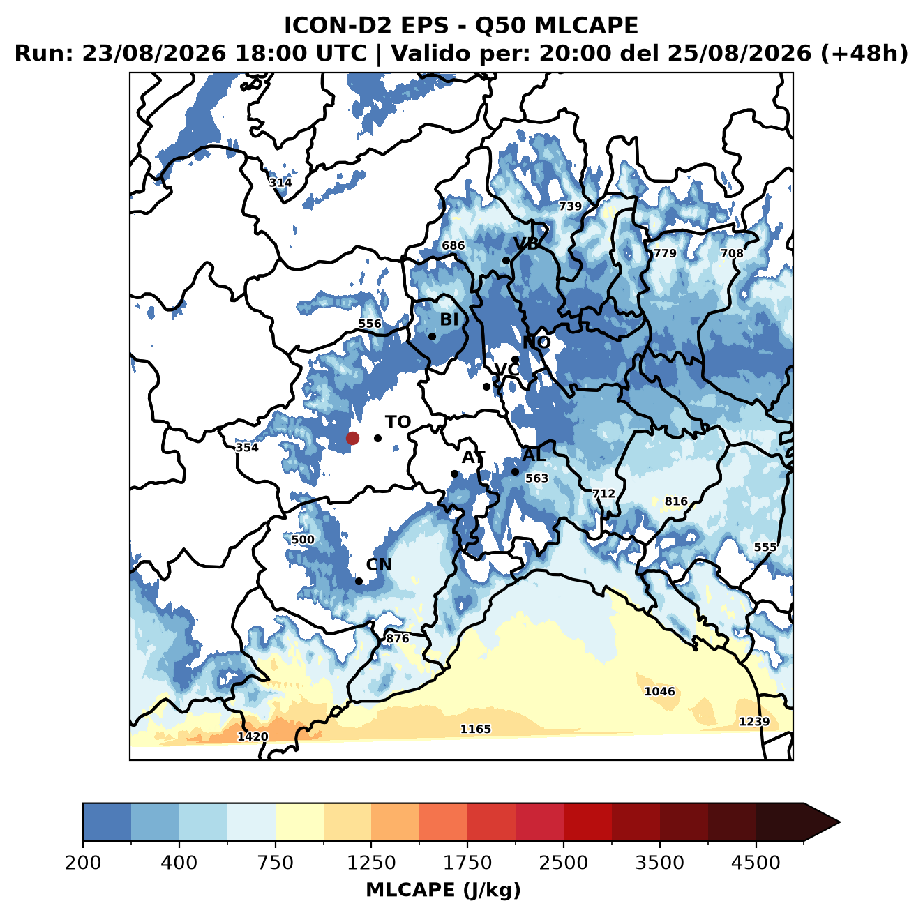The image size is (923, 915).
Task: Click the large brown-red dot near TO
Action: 352,438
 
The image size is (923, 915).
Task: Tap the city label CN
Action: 379,565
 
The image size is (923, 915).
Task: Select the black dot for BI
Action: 432,337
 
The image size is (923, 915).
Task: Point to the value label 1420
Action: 253,736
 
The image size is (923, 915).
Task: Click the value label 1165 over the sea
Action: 476,729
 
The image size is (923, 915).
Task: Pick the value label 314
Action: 280,183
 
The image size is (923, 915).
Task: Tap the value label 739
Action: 570,206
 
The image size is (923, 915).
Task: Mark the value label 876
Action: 398,637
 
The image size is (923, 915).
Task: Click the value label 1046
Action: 659,691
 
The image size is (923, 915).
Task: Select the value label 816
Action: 676,501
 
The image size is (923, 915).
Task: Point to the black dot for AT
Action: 455,474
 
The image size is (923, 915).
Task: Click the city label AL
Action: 534,455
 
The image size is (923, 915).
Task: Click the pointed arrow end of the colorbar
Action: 840,823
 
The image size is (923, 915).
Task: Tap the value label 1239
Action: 754,721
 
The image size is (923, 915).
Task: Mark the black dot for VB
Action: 506,260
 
